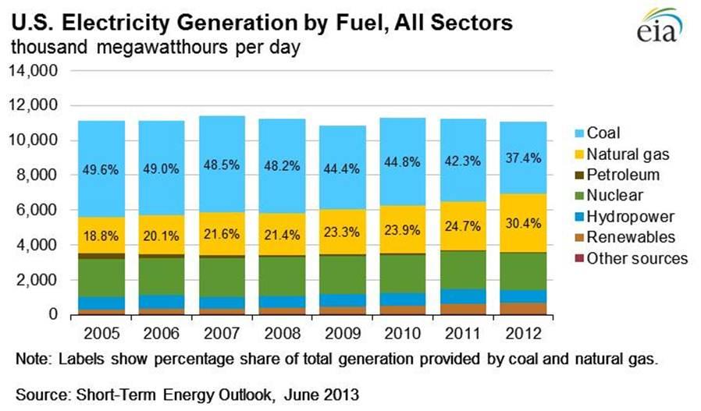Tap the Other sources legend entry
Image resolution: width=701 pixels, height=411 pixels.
(636, 258)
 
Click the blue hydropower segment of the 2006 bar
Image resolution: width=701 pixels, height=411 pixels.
(162, 302)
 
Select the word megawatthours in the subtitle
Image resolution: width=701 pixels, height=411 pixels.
(167, 48)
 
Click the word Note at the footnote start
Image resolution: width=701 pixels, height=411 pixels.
(30, 360)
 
